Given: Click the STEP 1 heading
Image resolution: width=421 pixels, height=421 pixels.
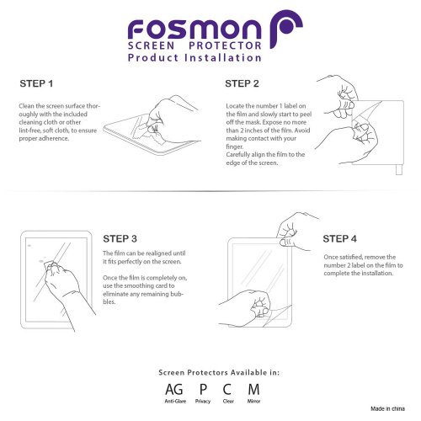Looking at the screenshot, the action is (36, 83).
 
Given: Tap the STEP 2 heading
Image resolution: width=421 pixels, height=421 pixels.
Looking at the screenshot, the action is (242, 83).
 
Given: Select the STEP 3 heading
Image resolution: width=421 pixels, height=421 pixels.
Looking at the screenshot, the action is (120, 238).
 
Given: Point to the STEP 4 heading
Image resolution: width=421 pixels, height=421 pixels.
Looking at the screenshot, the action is (339, 238).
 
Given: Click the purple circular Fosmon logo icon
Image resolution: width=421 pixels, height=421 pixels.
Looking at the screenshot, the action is (286, 28).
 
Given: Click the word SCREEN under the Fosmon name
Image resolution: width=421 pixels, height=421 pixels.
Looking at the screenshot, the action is (151, 45).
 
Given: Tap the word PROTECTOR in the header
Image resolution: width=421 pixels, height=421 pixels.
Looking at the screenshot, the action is (225, 45).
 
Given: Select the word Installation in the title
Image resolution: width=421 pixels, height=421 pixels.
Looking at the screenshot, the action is (223, 57).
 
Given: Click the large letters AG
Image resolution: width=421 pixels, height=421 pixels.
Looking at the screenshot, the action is (174, 389).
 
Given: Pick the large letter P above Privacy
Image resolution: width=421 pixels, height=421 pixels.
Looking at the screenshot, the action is (203, 389).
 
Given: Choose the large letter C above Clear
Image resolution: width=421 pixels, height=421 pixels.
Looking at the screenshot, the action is (227, 389).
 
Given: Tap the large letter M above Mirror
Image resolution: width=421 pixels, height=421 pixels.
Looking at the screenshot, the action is (253, 389).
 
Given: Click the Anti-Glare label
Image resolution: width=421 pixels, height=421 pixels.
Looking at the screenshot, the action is (175, 401).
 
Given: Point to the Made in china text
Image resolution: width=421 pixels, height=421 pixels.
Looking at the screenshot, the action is (387, 408).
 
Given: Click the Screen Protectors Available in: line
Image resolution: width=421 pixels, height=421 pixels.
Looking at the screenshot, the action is (219, 372).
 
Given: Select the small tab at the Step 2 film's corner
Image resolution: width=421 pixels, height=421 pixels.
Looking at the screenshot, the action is (399, 170).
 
